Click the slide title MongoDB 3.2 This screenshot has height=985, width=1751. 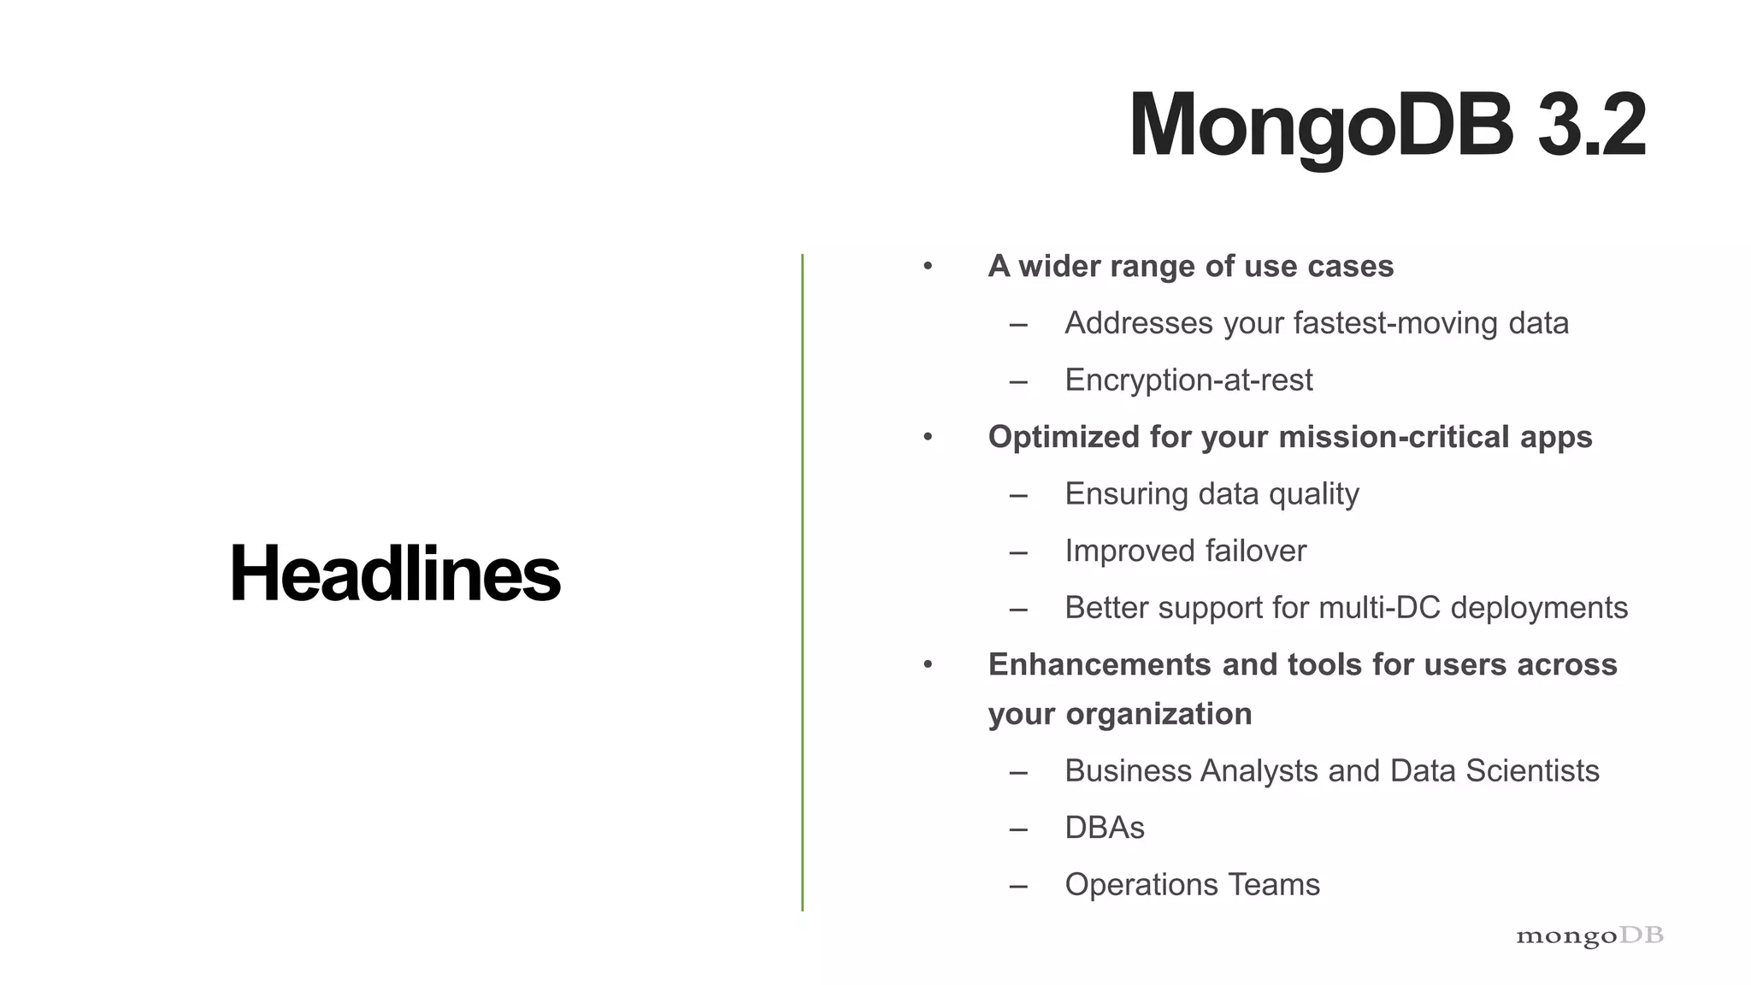coord(1386,126)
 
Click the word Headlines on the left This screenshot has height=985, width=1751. coord(395,574)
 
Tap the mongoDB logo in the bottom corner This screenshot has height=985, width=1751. coord(1589,935)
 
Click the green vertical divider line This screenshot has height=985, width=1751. coord(802,581)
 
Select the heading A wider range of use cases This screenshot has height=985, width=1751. coord(1190,267)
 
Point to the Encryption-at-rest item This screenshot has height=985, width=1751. coord(1188,380)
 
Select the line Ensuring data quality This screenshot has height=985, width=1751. coord(1212,494)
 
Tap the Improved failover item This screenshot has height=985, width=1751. coord(1185,551)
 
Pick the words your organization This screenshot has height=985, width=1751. coord(1119,714)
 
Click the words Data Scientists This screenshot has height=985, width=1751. coord(1495,771)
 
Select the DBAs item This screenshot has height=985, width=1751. coord(1104,828)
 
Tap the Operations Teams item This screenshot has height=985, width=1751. coord(1192,885)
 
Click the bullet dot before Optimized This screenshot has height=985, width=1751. coord(928,438)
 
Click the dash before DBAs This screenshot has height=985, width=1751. coord(1017,829)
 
